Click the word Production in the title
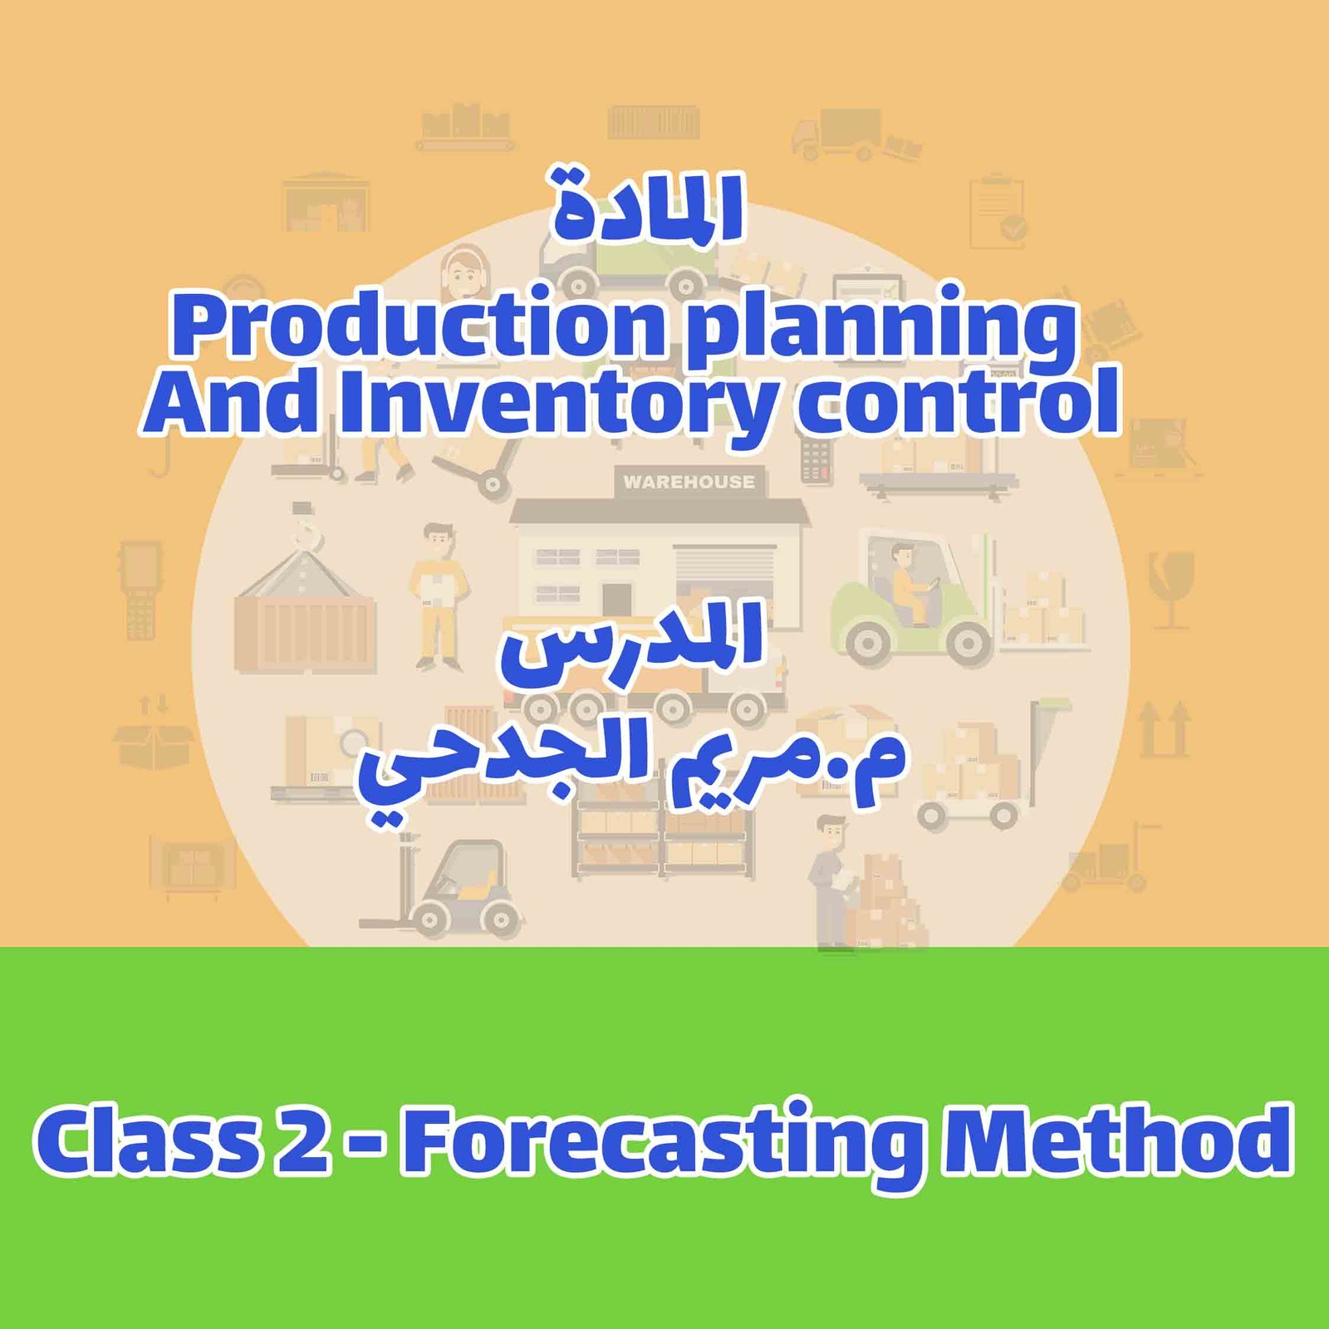[419, 326]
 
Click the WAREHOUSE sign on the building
[689, 482]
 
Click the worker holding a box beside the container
[438, 594]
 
